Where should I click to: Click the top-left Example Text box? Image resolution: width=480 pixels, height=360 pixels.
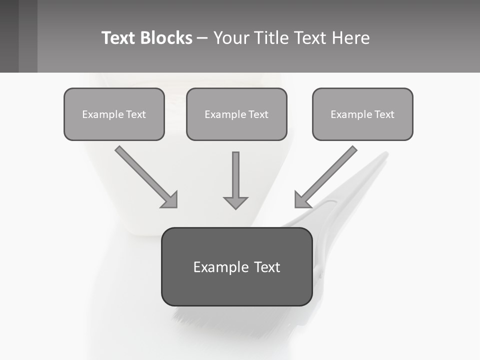tap(114, 114)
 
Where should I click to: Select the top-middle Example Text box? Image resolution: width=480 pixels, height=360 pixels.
tap(236, 114)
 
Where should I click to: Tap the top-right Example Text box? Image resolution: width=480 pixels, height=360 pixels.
tap(362, 114)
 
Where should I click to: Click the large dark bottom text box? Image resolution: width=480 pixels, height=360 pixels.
tap(236, 266)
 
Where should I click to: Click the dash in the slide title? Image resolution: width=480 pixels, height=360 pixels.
tap(203, 38)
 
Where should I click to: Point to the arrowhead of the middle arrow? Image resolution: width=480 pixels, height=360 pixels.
tap(235, 202)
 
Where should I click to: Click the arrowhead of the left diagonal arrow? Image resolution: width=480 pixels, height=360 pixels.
tap(170, 199)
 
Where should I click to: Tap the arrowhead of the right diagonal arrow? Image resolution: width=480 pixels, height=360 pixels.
tap(301, 199)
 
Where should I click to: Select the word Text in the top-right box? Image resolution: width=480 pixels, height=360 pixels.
tap(384, 114)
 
